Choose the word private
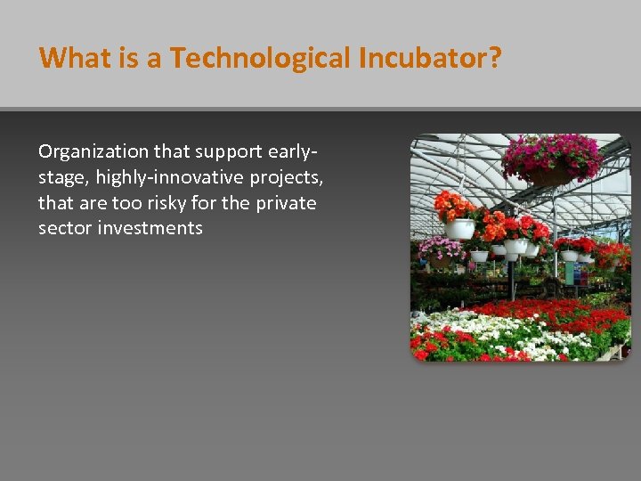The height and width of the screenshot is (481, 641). point(286,203)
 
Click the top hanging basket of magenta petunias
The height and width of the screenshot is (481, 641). point(550,159)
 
